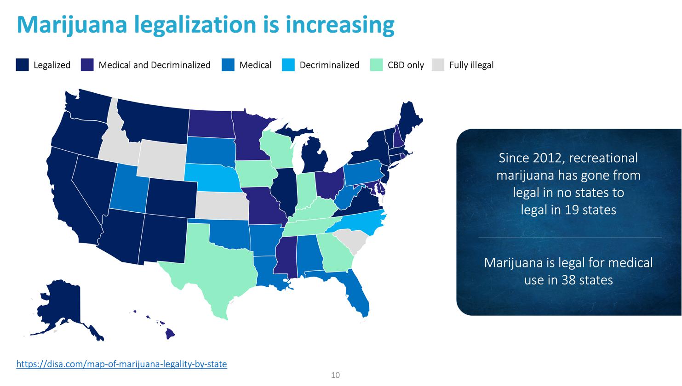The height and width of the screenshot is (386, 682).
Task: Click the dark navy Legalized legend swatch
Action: tap(23, 65)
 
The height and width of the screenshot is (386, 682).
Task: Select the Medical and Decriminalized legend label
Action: tap(155, 65)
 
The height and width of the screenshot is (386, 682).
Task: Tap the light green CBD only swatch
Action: tap(376, 65)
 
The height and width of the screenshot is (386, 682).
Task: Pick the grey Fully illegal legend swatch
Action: tap(438, 65)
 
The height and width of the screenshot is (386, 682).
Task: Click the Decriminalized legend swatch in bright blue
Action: tap(288, 65)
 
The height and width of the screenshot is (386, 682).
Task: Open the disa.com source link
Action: tap(121, 364)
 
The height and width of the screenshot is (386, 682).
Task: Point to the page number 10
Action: tap(335, 375)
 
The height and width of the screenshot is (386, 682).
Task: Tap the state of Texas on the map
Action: tap(216, 267)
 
